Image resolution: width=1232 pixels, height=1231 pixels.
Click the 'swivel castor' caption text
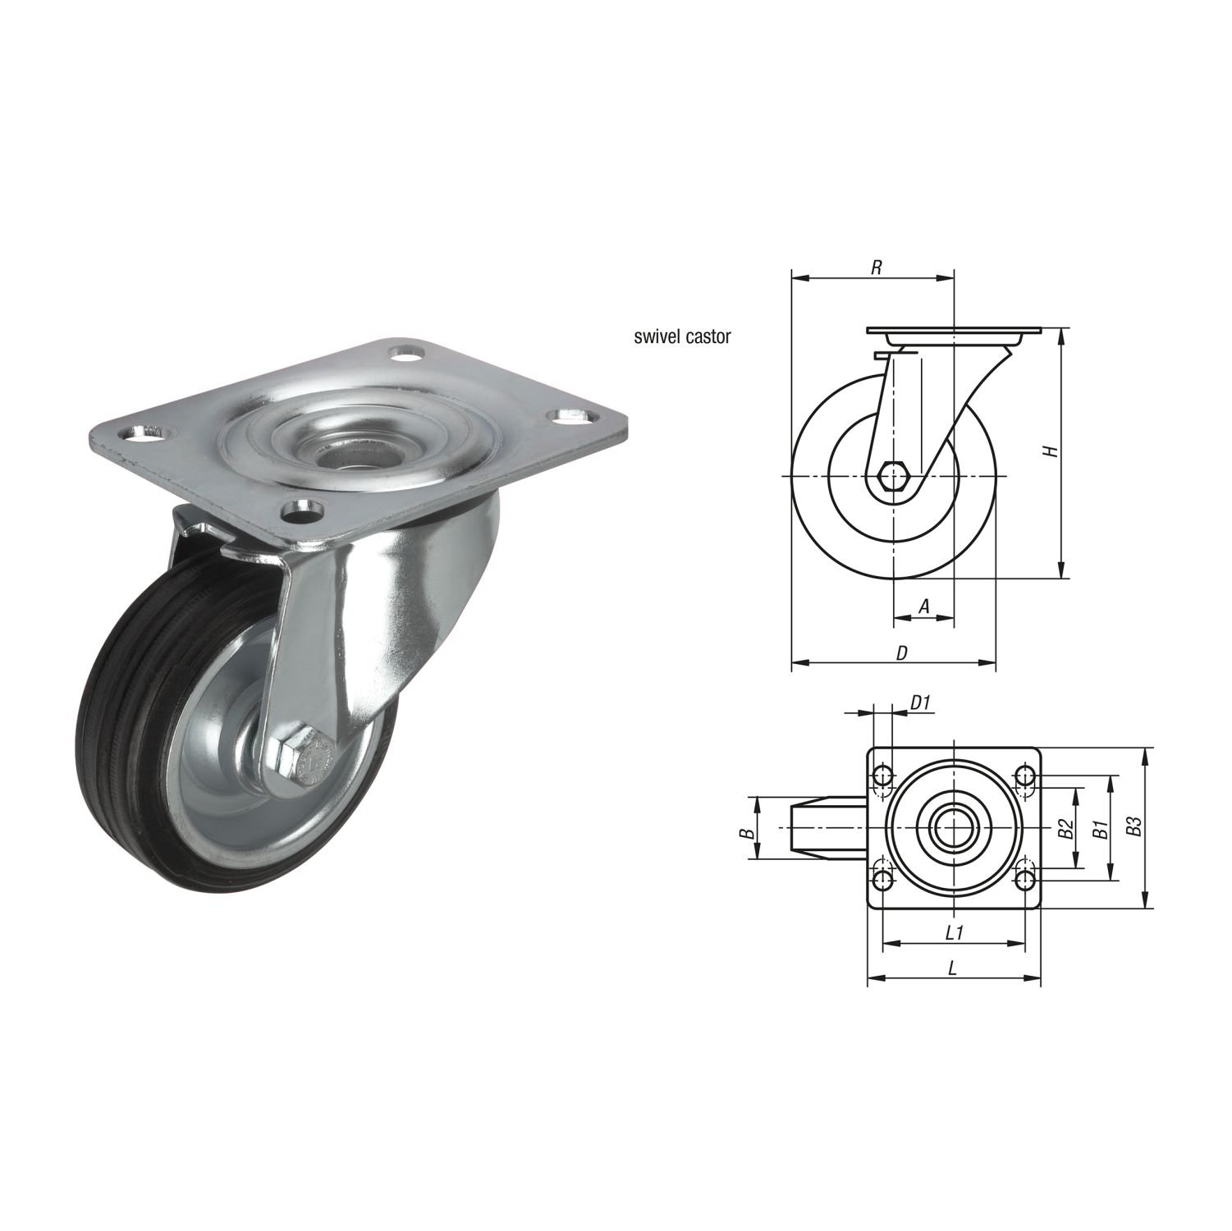pos(681,336)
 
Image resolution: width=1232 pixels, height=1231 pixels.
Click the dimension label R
pos(877,268)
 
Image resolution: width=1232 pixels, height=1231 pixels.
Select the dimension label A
pos(923,606)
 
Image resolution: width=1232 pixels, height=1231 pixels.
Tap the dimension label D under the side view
pos(901,652)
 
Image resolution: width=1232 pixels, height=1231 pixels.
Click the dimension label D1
pos(920,702)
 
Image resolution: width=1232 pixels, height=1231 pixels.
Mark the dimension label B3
pos(1134,827)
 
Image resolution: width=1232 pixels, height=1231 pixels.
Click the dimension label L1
pos(954,933)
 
